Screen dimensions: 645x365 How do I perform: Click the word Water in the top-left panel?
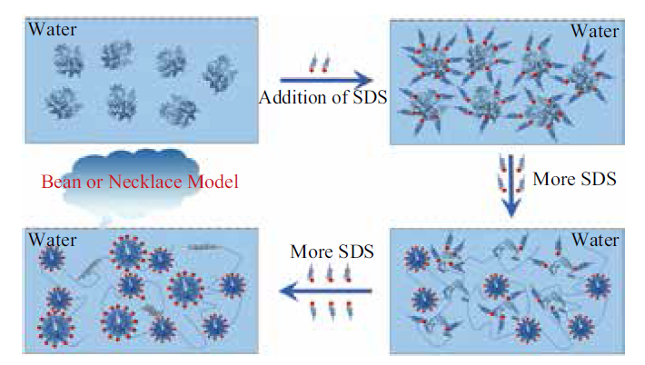tap(53, 30)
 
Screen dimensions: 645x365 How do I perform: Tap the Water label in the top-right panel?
tap(595, 31)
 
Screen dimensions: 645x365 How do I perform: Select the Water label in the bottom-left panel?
tap(53, 240)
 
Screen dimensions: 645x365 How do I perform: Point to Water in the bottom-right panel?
tap(595, 240)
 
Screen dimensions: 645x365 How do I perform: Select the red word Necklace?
tap(145, 182)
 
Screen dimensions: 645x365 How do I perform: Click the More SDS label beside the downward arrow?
tap(575, 179)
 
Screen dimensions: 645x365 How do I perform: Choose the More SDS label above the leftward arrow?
tap(332, 252)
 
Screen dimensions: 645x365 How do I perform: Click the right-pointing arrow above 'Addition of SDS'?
tap(326, 80)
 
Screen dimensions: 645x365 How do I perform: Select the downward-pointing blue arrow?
tap(511, 186)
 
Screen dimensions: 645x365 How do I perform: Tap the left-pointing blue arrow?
tap(325, 291)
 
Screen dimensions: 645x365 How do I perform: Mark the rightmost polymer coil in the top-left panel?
tap(220, 74)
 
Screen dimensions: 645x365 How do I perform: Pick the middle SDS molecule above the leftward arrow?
tap(330, 273)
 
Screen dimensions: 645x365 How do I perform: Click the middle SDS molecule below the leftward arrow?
tap(332, 311)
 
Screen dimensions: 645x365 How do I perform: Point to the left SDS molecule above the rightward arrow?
tap(313, 63)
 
